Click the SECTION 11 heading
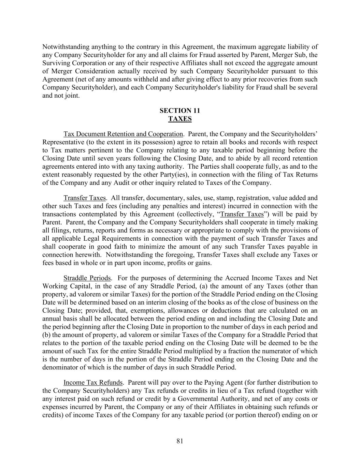(180, 111)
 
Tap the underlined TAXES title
(180, 119)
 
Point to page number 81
(180, 441)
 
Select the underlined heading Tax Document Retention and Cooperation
(123, 134)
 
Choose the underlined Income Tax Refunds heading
(93, 382)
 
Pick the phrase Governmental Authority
(241, 399)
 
